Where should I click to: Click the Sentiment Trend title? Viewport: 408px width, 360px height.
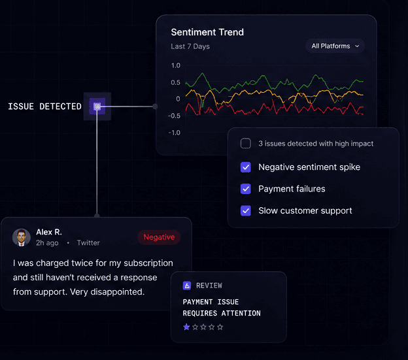click(x=207, y=32)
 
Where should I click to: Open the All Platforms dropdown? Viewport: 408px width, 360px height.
click(x=335, y=46)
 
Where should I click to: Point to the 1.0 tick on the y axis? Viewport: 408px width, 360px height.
click(x=176, y=65)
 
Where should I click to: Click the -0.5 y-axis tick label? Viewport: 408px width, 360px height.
click(x=174, y=116)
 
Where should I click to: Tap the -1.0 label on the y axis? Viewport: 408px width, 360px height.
click(x=174, y=133)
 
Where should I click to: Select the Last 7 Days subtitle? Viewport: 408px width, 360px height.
click(x=190, y=46)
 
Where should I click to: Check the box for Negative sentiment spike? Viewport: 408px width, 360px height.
click(x=246, y=167)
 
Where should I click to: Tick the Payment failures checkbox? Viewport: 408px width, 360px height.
click(x=246, y=189)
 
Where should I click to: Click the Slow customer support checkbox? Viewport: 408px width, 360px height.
click(x=246, y=211)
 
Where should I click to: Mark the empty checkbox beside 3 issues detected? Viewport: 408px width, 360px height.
click(x=246, y=144)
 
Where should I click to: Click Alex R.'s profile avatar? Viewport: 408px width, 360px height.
click(x=22, y=237)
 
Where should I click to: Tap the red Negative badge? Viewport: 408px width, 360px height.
click(x=159, y=237)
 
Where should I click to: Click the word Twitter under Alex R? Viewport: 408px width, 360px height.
click(x=88, y=243)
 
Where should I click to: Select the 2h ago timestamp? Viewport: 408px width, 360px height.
click(x=47, y=243)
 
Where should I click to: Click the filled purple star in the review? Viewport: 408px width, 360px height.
click(x=186, y=327)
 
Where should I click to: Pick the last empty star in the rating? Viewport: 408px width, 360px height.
click(x=220, y=327)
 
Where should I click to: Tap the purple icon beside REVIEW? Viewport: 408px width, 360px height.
click(x=187, y=286)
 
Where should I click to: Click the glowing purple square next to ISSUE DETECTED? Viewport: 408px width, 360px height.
click(x=97, y=106)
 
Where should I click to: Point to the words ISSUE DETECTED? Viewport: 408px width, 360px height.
click(x=44, y=106)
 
